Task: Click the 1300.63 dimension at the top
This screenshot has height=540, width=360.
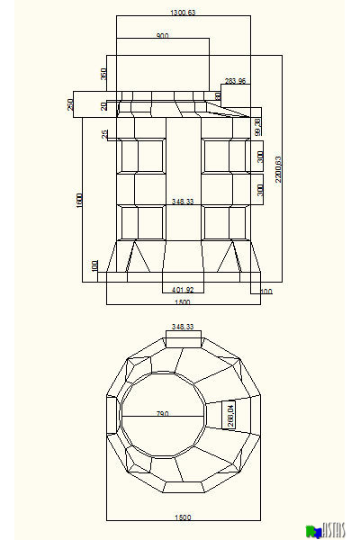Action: [x=184, y=12]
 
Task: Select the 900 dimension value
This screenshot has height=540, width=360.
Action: [x=162, y=36]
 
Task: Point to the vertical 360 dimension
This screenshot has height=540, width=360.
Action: [x=103, y=74]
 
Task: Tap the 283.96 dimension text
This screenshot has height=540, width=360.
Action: [x=236, y=82]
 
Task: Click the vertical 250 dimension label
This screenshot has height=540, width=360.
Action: [x=70, y=104]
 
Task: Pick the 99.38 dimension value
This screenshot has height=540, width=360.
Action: [x=257, y=127]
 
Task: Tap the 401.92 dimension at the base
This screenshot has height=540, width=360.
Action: [x=183, y=290]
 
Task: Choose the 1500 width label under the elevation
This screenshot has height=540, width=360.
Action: [x=183, y=302]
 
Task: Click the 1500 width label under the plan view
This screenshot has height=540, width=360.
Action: [x=183, y=517]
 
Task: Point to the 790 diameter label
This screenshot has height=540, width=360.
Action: [x=163, y=414]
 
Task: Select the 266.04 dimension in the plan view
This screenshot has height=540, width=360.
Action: [x=230, y=415]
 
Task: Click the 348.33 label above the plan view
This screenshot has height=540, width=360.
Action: [x=184, y=327]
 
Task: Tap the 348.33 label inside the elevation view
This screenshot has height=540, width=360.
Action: [x=184, y=202]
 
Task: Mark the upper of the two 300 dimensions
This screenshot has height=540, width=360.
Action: [x=260, y=156]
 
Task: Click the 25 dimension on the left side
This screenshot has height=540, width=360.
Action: [x=104, y=134]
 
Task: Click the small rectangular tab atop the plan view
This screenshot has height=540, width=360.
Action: [x=184, y=338]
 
